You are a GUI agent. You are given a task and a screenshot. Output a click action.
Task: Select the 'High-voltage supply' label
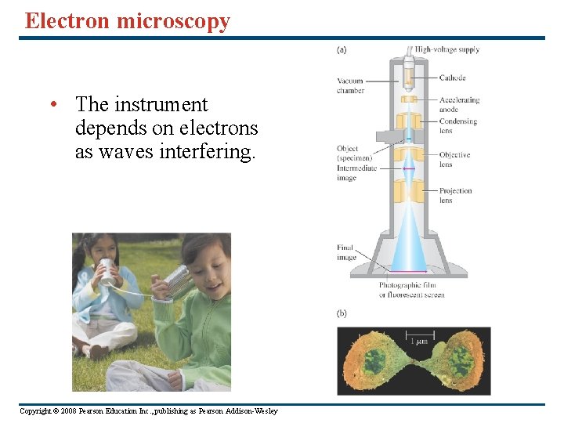click(446, 49)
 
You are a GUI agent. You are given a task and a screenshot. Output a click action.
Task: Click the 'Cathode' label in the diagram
click(452, 78)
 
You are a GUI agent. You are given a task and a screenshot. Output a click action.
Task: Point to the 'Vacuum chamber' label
click(350, 85)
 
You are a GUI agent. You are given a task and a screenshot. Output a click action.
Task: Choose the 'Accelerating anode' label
click(458, 104)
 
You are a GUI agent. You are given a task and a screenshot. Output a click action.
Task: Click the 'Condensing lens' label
click(457, 126)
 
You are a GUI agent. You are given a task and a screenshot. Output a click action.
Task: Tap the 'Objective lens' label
click(454, 159)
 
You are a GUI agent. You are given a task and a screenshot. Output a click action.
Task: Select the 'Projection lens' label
click(455, 195)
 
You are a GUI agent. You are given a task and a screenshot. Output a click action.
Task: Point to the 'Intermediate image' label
click(356, 172)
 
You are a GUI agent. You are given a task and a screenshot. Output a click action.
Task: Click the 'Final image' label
click(346, 252)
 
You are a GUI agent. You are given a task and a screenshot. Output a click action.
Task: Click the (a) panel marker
click(342, 49)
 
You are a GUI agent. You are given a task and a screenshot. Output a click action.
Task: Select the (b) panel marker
click(342, 313)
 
